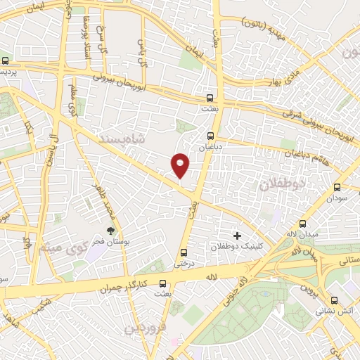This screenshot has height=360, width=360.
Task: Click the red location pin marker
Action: point(180,165)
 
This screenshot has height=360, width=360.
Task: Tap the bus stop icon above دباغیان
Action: point(210,136)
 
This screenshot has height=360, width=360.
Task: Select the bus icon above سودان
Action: point(337,187)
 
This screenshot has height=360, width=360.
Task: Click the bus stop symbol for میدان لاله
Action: point(304,223)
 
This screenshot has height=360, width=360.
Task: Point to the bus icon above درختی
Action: point(184,252)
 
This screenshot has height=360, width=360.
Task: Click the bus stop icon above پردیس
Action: point(6,61)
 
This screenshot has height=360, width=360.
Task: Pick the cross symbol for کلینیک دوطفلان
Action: point(236,236)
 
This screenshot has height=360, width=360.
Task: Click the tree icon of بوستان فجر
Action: point(110,230)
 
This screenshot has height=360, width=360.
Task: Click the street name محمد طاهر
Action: point(101,200)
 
